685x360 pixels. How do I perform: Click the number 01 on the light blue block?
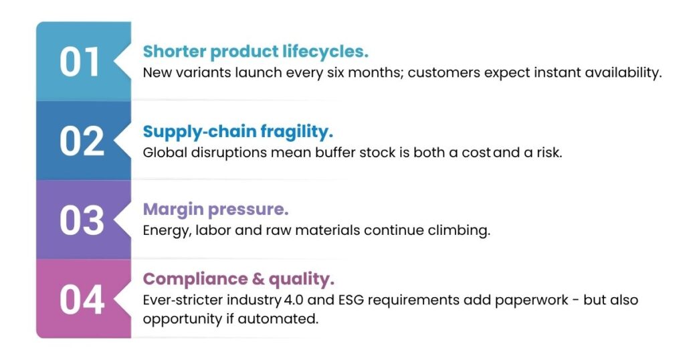click(x=80, y=62)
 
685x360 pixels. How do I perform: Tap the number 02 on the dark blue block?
click(x=82, y=141)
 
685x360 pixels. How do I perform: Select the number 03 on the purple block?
click(x=82, y=221)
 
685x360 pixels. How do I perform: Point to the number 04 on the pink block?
click(x=82, y=300)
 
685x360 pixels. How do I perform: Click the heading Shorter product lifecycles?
click(x=256, y=52)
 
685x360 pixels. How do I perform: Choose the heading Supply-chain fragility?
click(x=237, y=132)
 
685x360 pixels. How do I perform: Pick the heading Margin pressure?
click(x=215, y=209)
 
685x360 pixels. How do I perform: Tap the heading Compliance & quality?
click(x=239, y=279)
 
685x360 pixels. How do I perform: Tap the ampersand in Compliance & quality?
click(x=258, y=279)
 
